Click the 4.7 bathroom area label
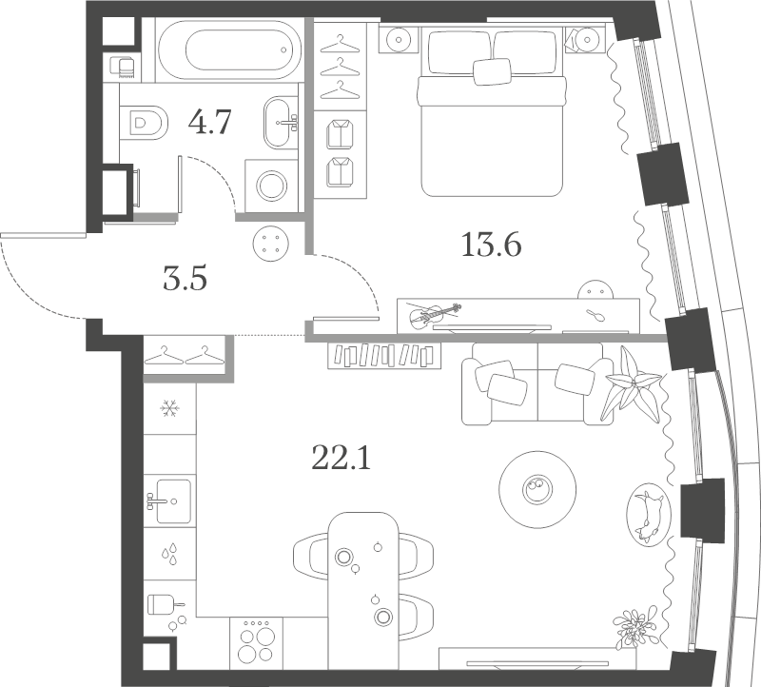[x=210, y=122]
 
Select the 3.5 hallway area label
[x=185, y=279]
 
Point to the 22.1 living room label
[x=341, y=459]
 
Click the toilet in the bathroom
[x=144, y=123]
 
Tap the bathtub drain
[x=283, y=49]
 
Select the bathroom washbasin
[x=281, y=123]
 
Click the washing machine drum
[x=272, y=186]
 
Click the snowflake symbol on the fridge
[x=170, y=409]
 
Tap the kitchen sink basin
[x=173, y=501]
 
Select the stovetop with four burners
[x=256, y=642]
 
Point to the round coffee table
[x=537, y=488]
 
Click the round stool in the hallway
[x=271, y=244]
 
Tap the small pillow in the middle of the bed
[x=492, y=71]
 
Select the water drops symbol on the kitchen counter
[x=169, y=554]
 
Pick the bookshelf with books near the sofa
[x=384, y=356]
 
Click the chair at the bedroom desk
[x=596, y=289]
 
